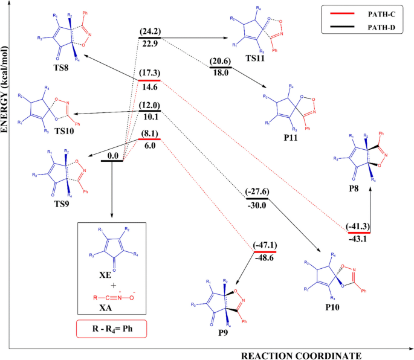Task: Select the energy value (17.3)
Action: coord(149,74)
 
